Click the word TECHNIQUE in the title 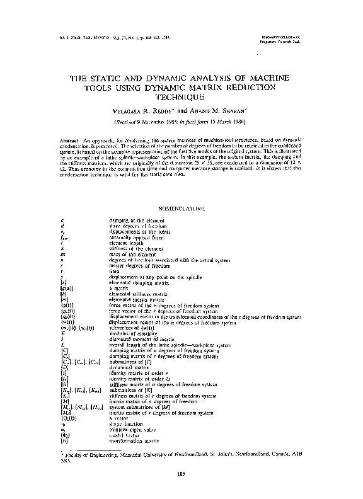tap(181, 98)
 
